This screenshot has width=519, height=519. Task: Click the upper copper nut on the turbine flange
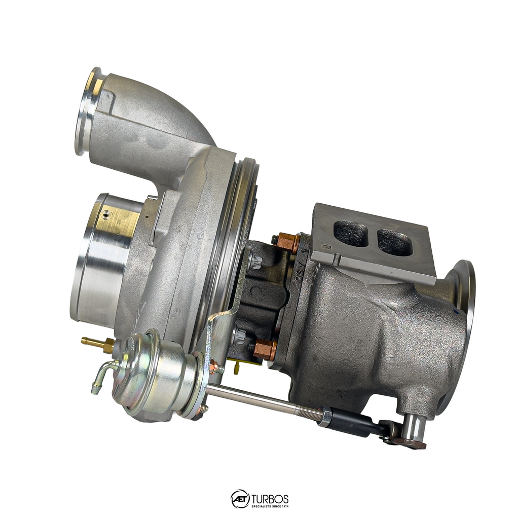(288, 242)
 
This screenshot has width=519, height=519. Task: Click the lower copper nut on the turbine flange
(265, 349)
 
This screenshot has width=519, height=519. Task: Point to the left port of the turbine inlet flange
(351, 234)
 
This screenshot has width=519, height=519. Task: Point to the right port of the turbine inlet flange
(395, 242)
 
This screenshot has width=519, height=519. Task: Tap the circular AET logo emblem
(240, 499)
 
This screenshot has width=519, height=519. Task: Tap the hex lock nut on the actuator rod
(324, 416)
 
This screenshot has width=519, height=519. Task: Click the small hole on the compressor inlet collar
(106, 215)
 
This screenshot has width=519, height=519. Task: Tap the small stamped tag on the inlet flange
(326, 247)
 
